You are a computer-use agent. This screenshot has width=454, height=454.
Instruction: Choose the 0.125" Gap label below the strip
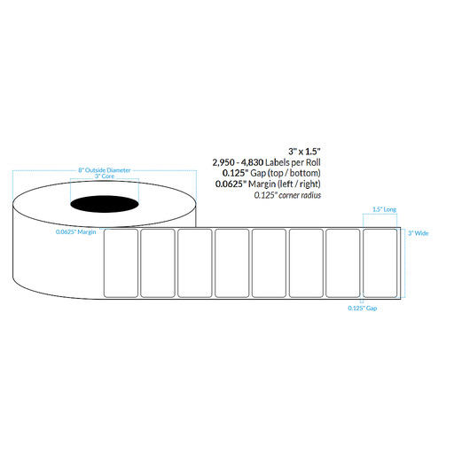coord(364,308)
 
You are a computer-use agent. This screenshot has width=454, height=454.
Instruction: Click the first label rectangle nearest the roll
coord(121,263)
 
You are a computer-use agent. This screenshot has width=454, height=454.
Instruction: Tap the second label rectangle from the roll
coord(158,263)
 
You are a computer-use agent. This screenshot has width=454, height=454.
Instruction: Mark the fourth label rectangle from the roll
coord(231,263)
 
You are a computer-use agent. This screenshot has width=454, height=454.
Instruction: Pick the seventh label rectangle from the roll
coord(342,263)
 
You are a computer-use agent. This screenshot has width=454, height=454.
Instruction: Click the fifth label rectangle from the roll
coord(269,263)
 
